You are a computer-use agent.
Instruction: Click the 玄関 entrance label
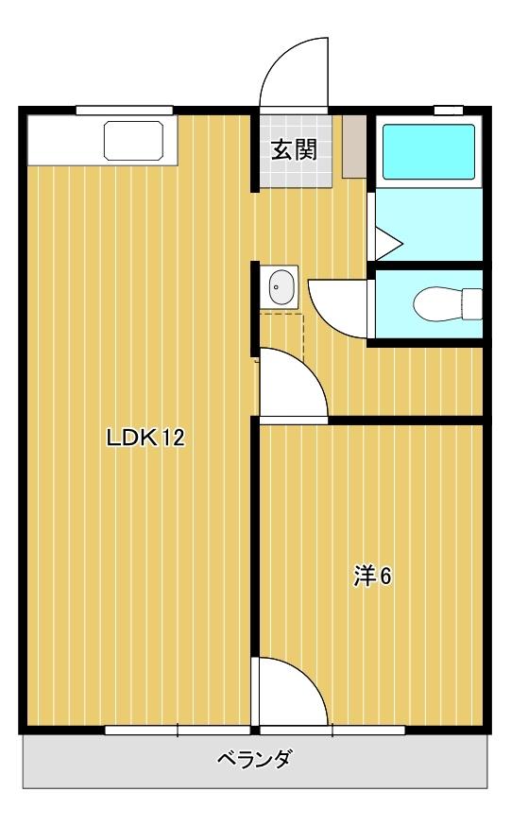[294, 149]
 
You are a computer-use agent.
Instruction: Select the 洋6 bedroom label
[372, 576]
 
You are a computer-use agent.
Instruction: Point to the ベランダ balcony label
[254, 759]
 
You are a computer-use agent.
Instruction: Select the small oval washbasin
[281, 285]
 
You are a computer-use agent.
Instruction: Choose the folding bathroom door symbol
[387, 242]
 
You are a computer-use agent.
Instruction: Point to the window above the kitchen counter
[125, 111]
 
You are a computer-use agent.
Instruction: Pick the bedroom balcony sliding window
[332, 730]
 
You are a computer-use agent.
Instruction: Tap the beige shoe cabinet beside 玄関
[353, 146]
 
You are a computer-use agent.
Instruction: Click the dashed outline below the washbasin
[281, 335]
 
